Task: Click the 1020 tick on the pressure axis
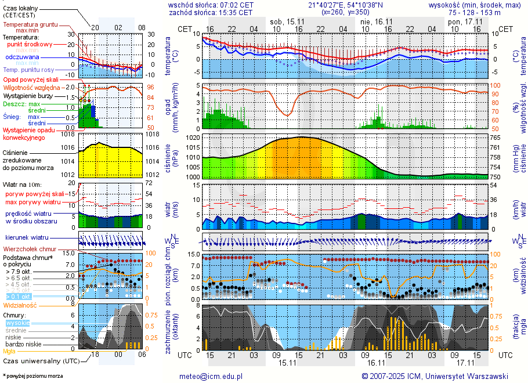click(x=193, y=139)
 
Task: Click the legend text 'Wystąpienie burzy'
click(x=27, y=95)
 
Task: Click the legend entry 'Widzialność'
click(x=20, y=305)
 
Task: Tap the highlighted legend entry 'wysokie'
click(x=18, y=323)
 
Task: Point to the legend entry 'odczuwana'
click(x=23, y=57)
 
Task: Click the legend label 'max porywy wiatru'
click(x=33, y=202)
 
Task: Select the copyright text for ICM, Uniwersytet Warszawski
click(x=435, y=376)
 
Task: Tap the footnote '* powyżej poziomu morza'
click(x=32, y=376)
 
